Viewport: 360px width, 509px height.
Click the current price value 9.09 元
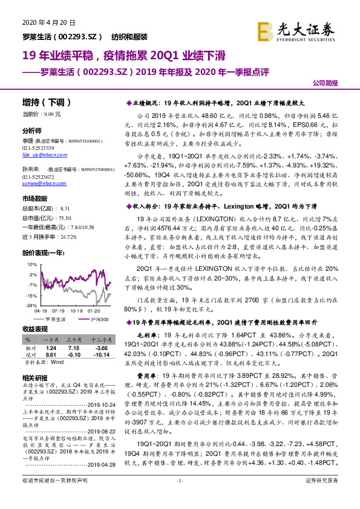click(x=52, y=114)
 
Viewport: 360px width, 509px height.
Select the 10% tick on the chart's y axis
click(x=30, y=265)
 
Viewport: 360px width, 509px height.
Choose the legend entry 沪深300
click(x=99, y=319)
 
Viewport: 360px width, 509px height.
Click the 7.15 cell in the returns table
click(x=74, y=348)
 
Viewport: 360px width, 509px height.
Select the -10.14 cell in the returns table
click(x=101, y=354)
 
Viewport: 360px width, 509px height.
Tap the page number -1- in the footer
click(x=179, y=498)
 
